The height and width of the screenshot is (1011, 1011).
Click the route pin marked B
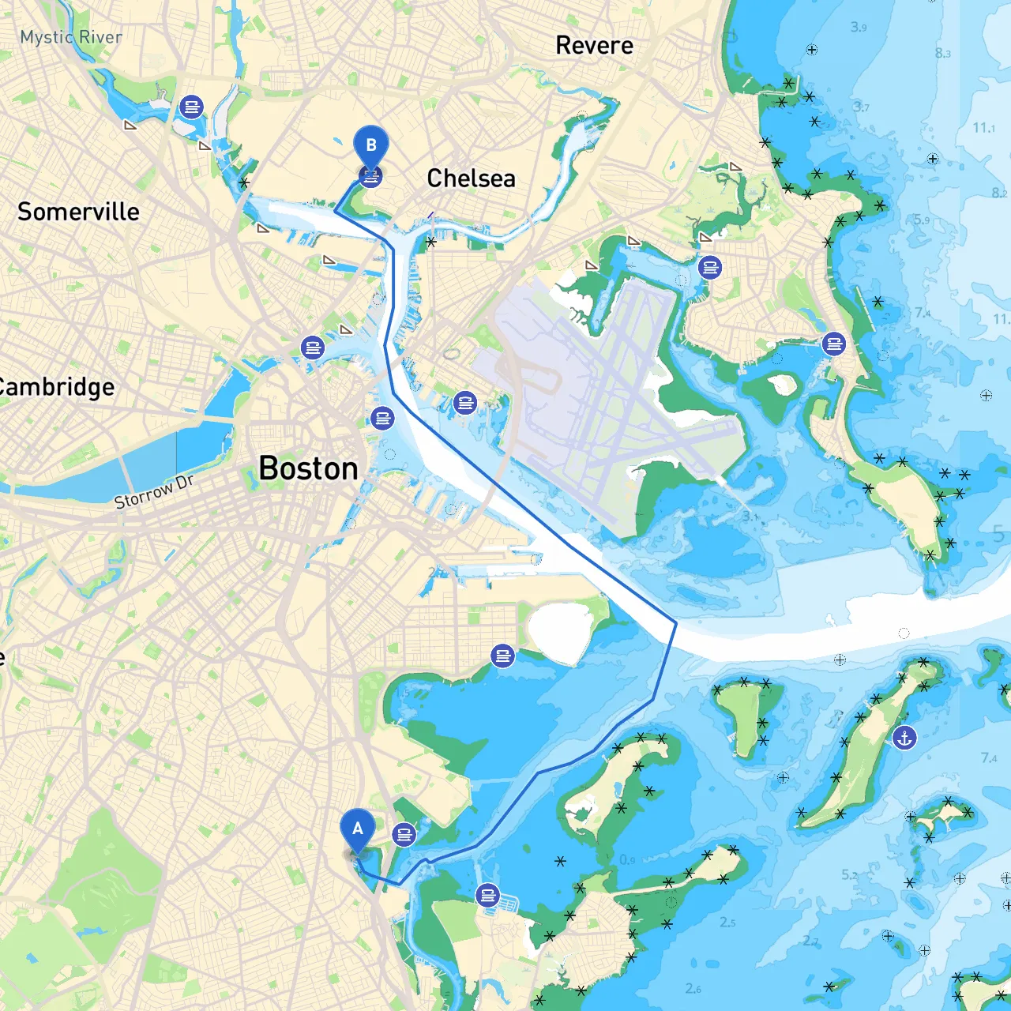pyautogui.click(x=370, y=146)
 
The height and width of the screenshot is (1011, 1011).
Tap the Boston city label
pyautogui.click(x=308, y=469)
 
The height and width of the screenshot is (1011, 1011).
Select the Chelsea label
pyautogui.click(x=471, y=179)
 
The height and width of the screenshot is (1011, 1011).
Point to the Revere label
pyautogui.click(x=594, y=46)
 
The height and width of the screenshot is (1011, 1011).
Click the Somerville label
pyautogui.click(x=78, y=212)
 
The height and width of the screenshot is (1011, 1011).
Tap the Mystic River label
pyautogui.click(x=71, y=37)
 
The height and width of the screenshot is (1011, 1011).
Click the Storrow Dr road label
pyautogui.click(x=153, y=492)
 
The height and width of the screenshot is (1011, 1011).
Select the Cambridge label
pyautogui.click(x=55, y=387)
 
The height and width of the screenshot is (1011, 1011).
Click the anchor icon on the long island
pyautogui.click(x=904, y=739)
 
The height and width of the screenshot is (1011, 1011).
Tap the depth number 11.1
pyautogui.click(x=983, y=128)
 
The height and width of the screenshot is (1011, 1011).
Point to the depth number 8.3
pyautogui.click(x=942, y=54)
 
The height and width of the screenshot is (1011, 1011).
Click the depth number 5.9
pyautogui.click(x=922, y=220)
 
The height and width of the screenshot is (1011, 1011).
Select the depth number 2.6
pyautogui.click(x=693, y=988)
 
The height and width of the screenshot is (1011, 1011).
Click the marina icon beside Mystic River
pyautogui.click(x=191, y=106)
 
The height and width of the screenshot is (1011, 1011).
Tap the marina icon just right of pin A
pyautogui.click(x=404, y=834)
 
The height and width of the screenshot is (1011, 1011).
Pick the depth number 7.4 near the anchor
pyautogui.click(x=989, y=758)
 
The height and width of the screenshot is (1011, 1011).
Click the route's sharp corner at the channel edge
pyautogui.click(x=676, y=623)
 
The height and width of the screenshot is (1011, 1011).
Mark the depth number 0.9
pyautogui.click(x=627, y=859)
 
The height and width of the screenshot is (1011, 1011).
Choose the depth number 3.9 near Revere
pyautogui.click(x=859, y=28)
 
